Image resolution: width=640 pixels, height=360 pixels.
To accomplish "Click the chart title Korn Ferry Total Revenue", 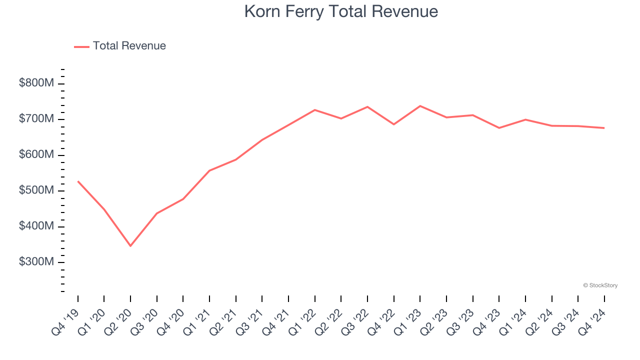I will click(x=341, y=11).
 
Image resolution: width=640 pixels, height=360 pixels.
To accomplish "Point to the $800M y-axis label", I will click(x=36, y=83).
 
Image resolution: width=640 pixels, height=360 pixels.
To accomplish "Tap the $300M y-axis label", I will click(x=36, y=262).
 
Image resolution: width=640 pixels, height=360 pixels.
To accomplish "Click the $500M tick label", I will click(x=36, y=190).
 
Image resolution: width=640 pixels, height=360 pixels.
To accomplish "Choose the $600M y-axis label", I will click(x=36, y=155).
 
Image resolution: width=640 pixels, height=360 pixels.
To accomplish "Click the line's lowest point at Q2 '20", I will click(x=130, y=246).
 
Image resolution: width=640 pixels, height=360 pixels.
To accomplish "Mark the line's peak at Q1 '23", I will click(x=420, y=106).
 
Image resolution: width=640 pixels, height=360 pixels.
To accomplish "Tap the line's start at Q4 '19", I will click(x=78, y=181).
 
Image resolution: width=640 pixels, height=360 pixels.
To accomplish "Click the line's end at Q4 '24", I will click(x=604, y=128).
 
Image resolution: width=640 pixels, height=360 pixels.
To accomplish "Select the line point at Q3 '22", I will click(x=367, y=106).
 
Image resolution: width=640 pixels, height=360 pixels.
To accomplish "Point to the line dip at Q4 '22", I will click(x=393, y=124).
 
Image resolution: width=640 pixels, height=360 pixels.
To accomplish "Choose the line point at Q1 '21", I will click(x=209, y=170).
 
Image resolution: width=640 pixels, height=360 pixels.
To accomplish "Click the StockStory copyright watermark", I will click(x=600, y=285).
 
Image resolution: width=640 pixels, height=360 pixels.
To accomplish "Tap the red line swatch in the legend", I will click(x=81, y=46).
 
